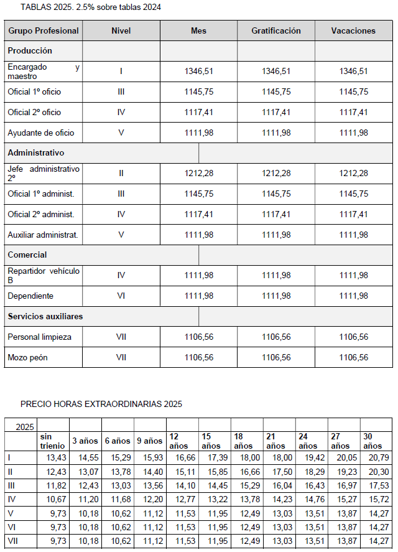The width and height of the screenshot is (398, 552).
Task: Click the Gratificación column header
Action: coord(275,30)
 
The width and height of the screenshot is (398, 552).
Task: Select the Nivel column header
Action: coord(121,30)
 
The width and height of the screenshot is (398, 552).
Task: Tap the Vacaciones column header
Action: coord(353,30)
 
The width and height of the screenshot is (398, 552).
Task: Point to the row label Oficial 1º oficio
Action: coord(34,91)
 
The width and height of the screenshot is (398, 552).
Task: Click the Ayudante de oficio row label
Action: coord(40,133)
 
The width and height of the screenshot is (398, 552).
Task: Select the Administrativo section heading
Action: coord(35,152)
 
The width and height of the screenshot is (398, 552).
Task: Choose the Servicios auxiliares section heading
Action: coord(45,316)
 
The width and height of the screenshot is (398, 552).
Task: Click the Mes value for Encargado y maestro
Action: coord(198,72)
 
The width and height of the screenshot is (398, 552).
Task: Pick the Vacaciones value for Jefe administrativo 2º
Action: coord(353,173)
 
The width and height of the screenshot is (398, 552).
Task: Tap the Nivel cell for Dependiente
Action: coord(121,296)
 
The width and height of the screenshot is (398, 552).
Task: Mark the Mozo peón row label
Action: coord(27,357)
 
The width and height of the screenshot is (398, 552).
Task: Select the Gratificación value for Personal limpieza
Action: coord(275,337)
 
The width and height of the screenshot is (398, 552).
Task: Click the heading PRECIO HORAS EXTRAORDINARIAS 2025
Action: coord(101,404)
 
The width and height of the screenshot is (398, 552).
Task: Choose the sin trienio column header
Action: coord(49,441)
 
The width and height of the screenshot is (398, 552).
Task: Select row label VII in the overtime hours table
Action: coord(12,540)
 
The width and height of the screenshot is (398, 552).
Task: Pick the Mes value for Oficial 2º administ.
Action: coord(198,214)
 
